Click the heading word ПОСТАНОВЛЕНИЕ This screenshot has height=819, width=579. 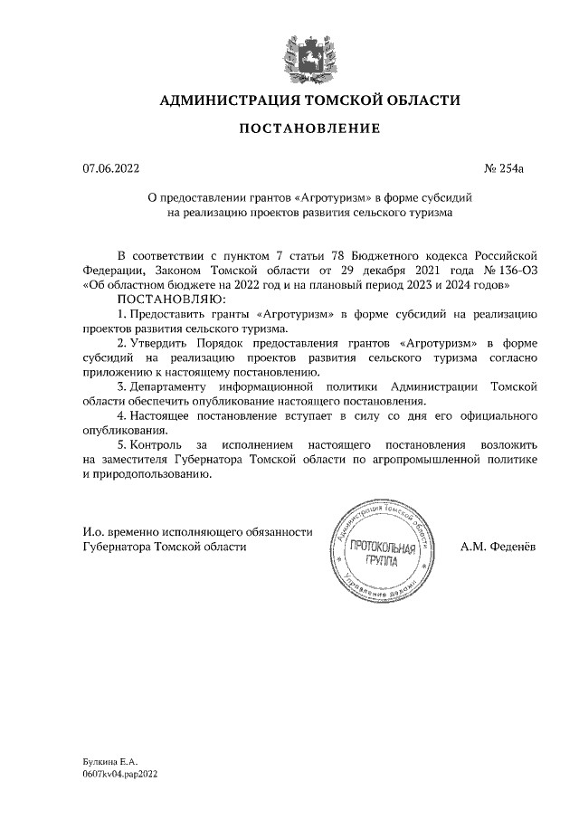pyautogui.click(x=309, y=129)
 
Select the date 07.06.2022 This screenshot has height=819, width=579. pyautogui.click(x=111, y=167)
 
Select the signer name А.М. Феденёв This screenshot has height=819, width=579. pyautogui.click(x=498, y=547)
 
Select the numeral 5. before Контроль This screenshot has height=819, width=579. pyautogui.click(x=122, y=446)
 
